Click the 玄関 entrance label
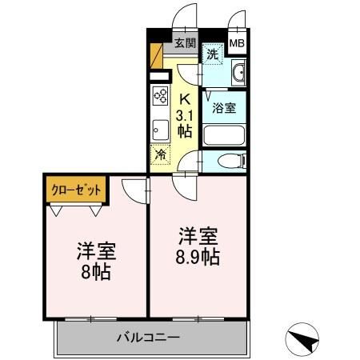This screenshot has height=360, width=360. point(185,43)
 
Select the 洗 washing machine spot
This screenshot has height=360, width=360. point(211,54)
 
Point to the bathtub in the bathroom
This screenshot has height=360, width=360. point(223,133)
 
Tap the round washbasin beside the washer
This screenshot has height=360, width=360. point(238,76)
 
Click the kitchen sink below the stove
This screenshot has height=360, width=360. point(159,128)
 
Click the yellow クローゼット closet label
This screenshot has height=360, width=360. point(77,190)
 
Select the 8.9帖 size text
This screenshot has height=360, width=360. point(198,258)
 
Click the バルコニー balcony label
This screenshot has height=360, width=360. point(150,337)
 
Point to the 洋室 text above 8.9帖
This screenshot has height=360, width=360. point(198,238)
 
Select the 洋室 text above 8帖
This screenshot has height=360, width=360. point(96,250)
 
